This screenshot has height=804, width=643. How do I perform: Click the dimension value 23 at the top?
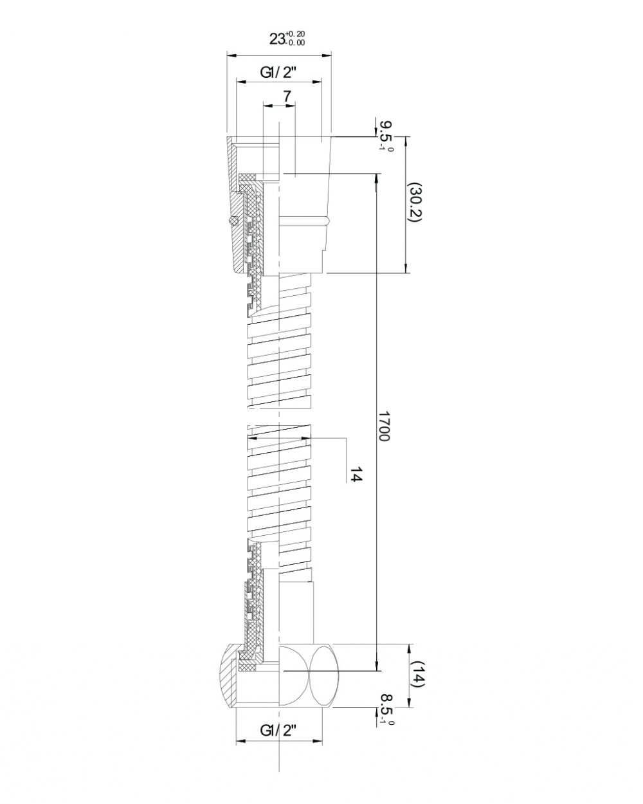click(x=277, y=39)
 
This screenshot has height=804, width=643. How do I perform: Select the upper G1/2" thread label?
click(x=278, y=73)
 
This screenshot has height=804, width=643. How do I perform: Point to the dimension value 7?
click(x=287, y=96)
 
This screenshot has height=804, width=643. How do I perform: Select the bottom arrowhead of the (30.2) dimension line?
click(x=406, y=267)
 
